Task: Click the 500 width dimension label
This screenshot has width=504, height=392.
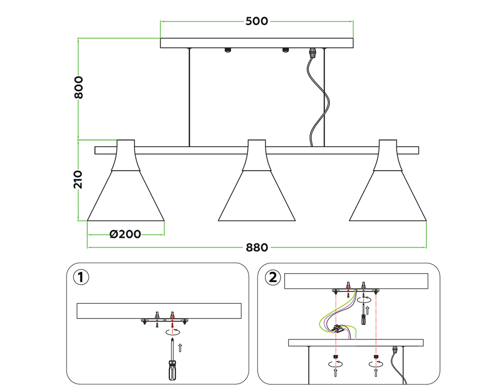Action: click(257, 21)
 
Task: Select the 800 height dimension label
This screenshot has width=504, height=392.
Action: click(79, 87)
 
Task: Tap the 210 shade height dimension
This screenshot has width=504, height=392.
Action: click(78, 179)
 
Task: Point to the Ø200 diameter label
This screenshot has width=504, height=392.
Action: click(125, 234)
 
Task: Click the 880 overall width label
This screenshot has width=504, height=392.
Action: click(257, 247)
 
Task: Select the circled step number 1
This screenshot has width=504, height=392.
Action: click(81, 277)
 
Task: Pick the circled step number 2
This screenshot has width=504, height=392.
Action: click(273, 277)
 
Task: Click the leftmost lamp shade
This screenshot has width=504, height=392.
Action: click(125, 180)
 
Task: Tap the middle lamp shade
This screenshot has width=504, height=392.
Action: click(257, 180)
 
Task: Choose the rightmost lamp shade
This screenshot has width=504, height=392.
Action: click(388, 180)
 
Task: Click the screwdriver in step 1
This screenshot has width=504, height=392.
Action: click(172, 360)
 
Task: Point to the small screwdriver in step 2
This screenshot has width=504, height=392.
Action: click(363, 314)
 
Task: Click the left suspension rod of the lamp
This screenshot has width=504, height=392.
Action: click(190, 97)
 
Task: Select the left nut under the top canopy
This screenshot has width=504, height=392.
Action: click(228, 50)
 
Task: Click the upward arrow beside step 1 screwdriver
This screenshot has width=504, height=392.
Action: click(180, 348)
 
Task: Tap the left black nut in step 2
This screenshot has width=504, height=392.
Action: click(335, 357)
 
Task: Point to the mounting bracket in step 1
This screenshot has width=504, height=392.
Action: click(164, 320)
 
